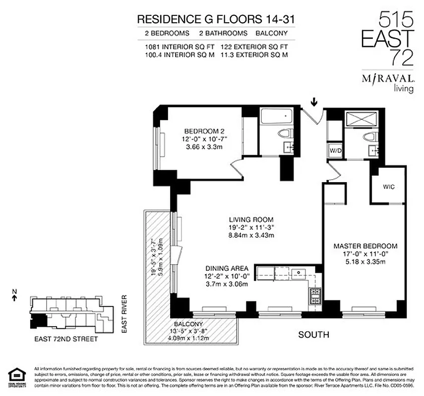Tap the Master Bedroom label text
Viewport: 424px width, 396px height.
point(365,246)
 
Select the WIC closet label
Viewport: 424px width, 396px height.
point(388,188)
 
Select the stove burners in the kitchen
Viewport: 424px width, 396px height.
point(315,296)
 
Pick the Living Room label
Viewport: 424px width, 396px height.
point(251,219)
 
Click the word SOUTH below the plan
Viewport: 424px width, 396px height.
point(313,335)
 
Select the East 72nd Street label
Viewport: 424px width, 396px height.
point(66,339)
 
